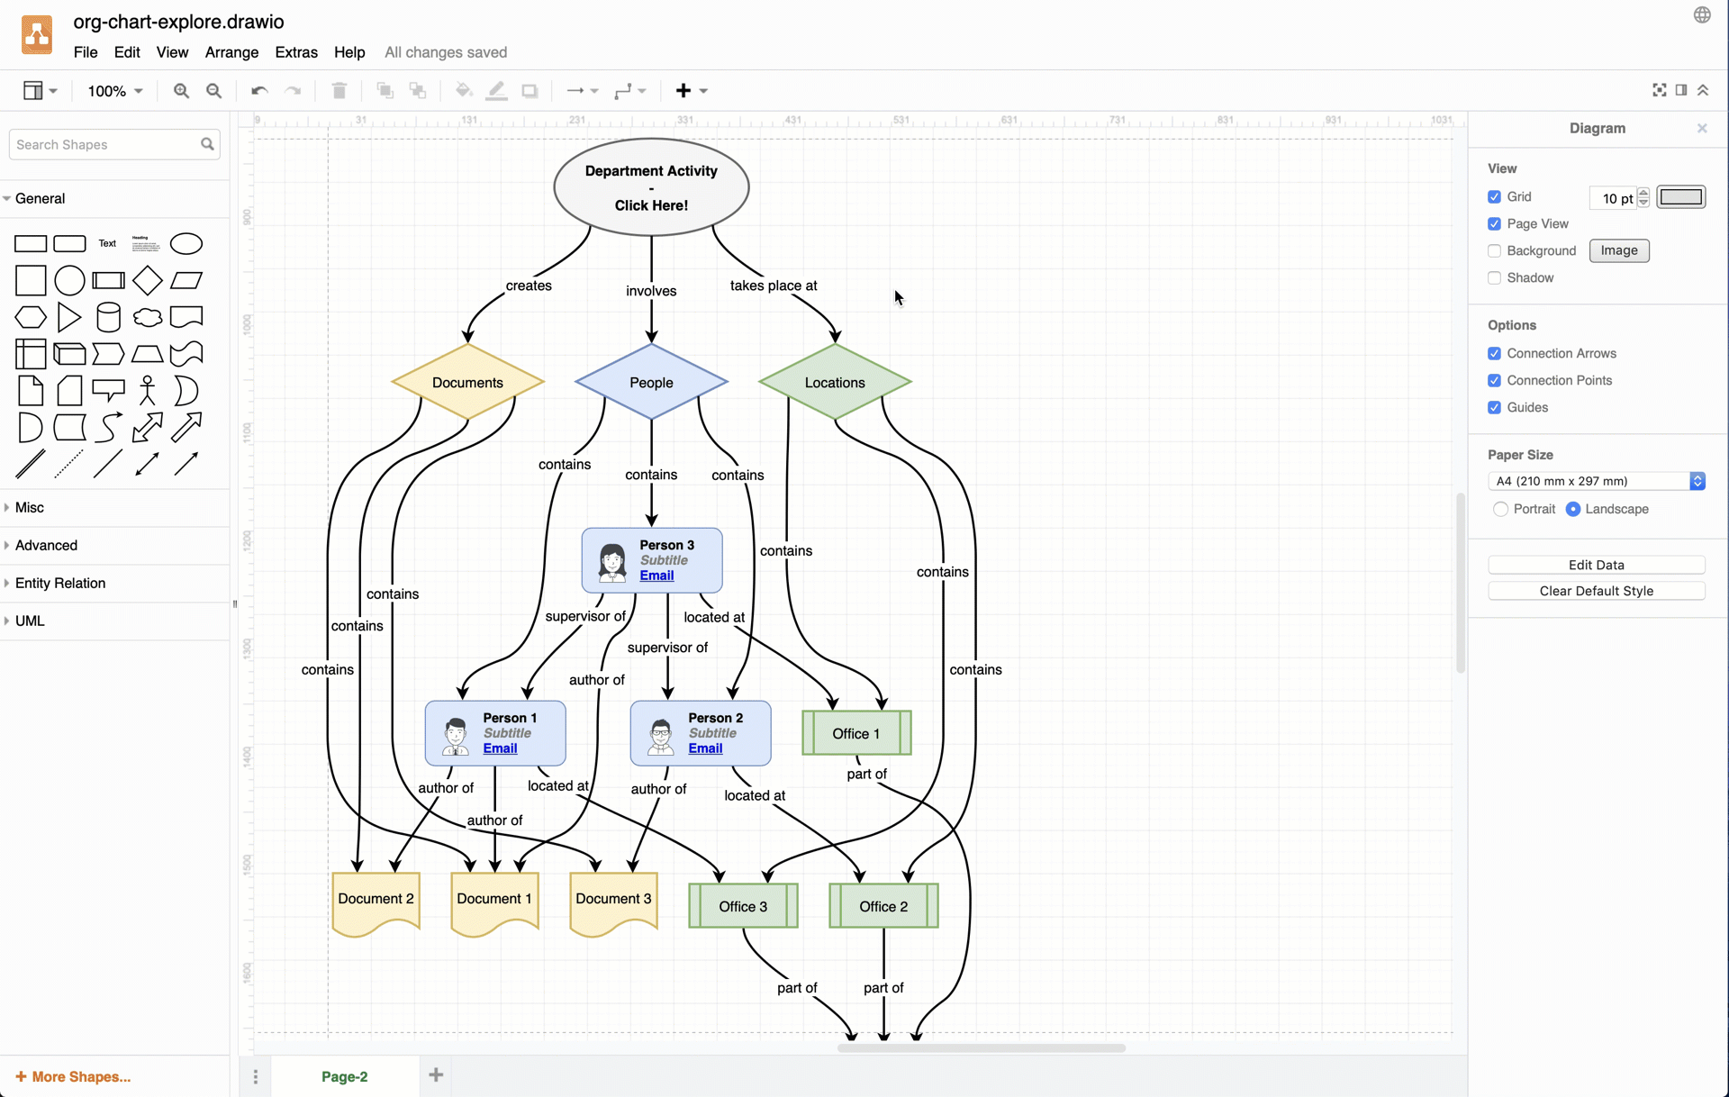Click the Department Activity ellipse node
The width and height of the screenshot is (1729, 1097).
point(651,187)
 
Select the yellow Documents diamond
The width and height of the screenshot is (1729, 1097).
point(467,383)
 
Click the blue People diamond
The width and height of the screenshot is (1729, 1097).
point(651,383)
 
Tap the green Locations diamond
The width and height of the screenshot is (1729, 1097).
point(835,383)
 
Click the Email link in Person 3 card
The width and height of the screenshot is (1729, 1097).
point(656,576)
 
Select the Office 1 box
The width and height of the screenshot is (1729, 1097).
point(856,733)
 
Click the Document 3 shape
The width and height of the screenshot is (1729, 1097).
point(613,900)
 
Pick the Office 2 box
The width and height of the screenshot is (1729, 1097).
point(883,906)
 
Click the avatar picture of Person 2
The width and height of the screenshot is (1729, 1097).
point(660,736)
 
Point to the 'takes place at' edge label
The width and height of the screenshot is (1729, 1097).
point(774,286)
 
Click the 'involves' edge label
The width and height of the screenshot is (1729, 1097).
point(651,291)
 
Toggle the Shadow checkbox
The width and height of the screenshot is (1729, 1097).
point(1495,277)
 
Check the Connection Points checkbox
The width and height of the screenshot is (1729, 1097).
point(1495,380)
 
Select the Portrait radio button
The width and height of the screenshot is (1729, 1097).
point(1500,509)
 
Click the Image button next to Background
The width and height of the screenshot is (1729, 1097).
point(1618,250)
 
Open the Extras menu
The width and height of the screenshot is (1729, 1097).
point(295,52)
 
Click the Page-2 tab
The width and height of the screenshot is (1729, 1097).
point(344,1076)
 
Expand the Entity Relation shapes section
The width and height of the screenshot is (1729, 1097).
point(60,583)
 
